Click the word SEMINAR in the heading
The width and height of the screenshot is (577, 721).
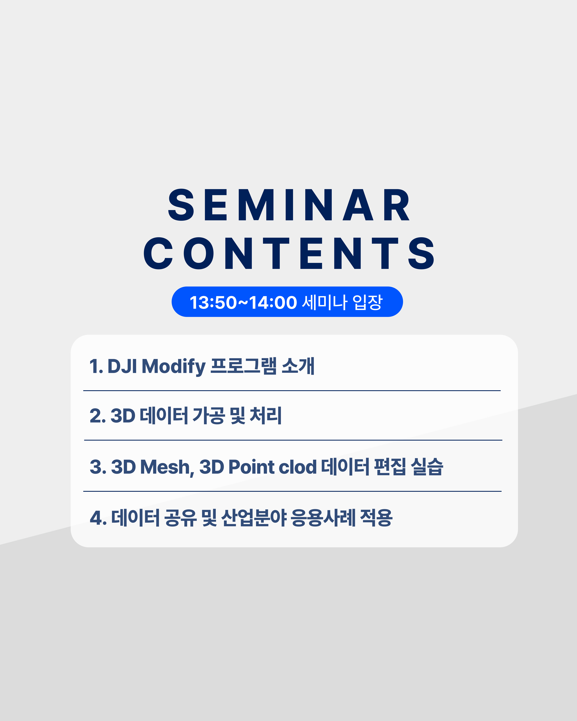click(x=289, y=205)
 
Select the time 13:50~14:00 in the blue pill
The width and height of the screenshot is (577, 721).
click(x=243, y=302)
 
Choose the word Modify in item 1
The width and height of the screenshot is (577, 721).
click(x=174, y=367)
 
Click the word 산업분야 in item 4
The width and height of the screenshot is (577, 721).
click(x=254, y=518)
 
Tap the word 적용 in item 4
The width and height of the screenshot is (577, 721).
click(x=376, y=518)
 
